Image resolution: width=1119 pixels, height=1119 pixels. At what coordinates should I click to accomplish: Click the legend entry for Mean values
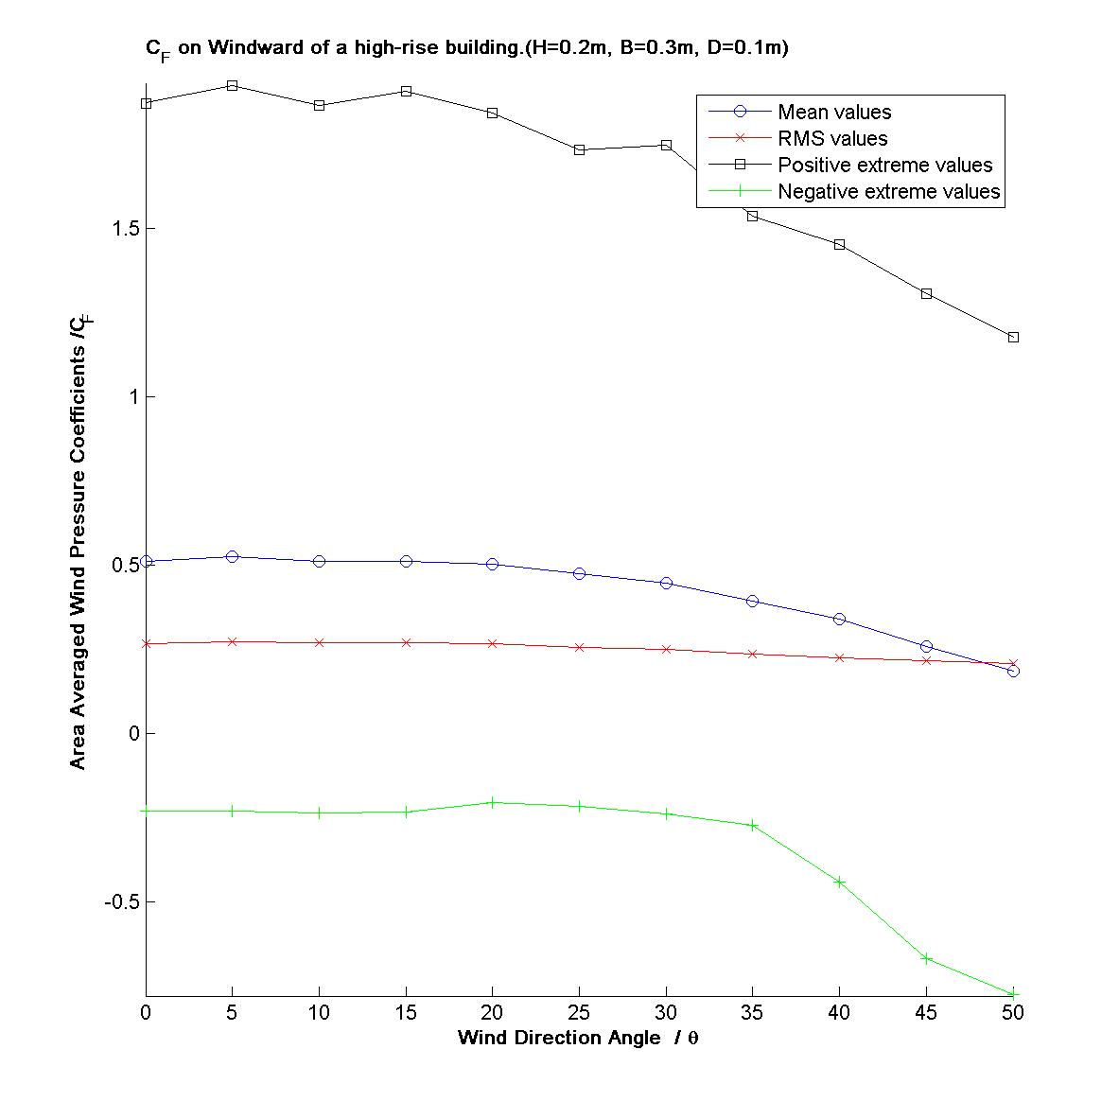(x=833, y=113)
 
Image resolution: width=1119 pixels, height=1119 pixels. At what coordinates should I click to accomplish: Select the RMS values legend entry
(x=831, y=139)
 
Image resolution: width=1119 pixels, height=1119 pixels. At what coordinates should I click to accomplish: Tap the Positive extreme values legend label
(x=884, y=166)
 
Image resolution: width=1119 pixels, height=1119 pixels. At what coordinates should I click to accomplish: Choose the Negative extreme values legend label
(x=888, y=192)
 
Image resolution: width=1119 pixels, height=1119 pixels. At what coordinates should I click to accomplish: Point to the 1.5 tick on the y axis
(x=125, y=229)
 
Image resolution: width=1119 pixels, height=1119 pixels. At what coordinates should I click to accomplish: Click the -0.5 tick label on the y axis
(x=120, y=901)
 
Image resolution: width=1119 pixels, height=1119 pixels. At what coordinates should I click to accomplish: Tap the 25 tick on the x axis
(x=579, y=1013)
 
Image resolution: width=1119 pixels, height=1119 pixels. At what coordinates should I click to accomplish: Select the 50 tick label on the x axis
(x=1013, y=1013)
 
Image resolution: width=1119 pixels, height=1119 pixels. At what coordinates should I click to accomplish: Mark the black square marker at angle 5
(x=232, y=85)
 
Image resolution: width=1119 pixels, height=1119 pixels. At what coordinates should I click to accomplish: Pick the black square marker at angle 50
(x=1013, y=337)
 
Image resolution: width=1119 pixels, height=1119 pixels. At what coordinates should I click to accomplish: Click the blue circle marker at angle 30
(x=666, y=584)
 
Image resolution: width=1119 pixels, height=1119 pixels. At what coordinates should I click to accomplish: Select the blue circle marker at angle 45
(x=926, y=646)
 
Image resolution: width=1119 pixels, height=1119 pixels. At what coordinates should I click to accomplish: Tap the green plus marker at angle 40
(x=839, y=882)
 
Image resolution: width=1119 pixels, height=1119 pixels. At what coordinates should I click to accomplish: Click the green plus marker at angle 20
(x=492, y=802)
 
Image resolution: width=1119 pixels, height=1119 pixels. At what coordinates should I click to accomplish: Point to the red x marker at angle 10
(x=319, y=642)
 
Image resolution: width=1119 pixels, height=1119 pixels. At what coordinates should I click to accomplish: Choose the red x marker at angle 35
(x=753, y=654)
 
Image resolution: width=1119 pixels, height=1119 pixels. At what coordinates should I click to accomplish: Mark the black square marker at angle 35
(x=753, y=216)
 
